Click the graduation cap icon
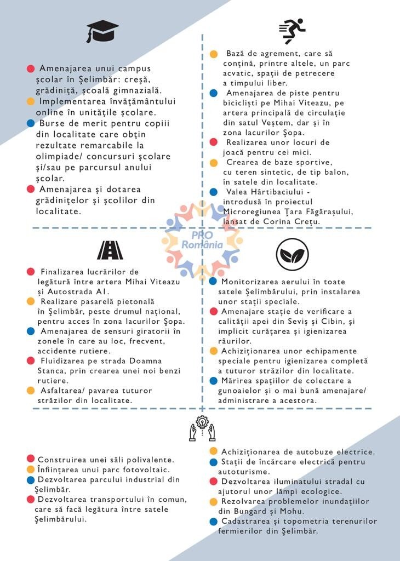coord(102,31)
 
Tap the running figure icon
coord(292,31)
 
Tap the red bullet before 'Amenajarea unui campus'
coord(31,68)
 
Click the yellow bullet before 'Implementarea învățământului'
coord(31,101)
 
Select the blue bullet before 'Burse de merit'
coord(31,123)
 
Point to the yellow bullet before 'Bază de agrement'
coord(214,54)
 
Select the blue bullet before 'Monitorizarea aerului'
coord(213,281)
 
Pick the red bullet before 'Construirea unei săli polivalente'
coord(31,459)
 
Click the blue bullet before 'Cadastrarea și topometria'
coord(213,521)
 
